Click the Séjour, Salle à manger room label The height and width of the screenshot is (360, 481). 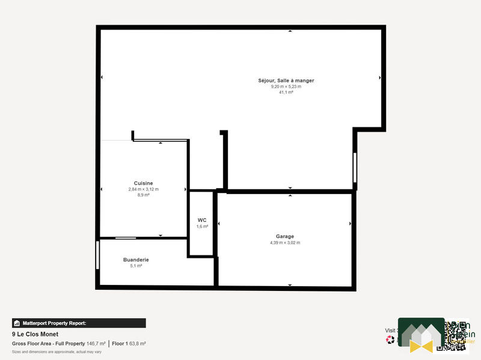(286, 81)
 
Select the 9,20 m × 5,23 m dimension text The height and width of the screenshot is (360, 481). (286, 87)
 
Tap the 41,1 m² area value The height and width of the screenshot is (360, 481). (286, 93)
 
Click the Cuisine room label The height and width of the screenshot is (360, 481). (143, 183)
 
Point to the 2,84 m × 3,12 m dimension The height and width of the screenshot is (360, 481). (143, 189)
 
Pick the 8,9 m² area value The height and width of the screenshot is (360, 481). (143, 195)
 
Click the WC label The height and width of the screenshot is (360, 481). (202, 221)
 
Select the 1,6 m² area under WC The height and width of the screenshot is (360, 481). (202, 227)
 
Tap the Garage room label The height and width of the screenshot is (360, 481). (285, 236)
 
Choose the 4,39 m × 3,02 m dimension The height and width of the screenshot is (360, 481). (285, 243)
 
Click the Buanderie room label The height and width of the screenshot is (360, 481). (136, 260)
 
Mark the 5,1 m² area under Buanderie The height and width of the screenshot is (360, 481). (136, 266)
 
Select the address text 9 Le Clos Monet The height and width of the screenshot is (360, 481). (35, 334)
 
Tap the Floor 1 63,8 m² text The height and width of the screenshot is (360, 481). (129, 344)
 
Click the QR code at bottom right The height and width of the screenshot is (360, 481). (455, 335)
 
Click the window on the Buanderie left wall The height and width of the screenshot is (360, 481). (97, 255)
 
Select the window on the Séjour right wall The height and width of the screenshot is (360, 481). (355, 167)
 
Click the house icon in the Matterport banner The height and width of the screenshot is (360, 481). (17, 323)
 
